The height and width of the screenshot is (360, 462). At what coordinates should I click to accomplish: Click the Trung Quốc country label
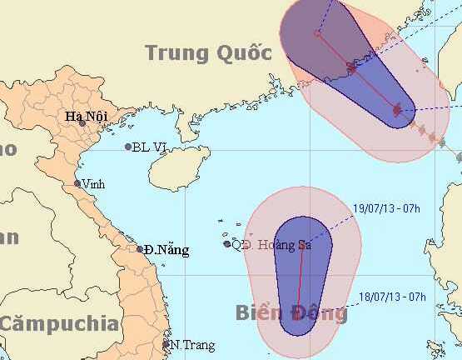coord(209,53)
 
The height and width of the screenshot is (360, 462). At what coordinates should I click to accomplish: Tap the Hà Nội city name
coord(85,117)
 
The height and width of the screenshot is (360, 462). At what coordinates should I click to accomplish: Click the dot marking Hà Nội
coord(82,123)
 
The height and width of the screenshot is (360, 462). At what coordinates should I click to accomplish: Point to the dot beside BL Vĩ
coord(128,147)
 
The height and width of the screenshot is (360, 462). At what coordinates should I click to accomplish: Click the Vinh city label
coord(93,184)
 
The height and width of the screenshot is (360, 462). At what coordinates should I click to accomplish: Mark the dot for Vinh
coord(77,184)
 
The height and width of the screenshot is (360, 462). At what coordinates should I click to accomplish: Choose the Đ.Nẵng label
coord(166,249)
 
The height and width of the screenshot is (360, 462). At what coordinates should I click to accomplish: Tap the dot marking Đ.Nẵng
coord(140,248)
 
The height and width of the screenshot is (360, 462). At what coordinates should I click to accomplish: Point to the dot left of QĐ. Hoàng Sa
coord(227,244)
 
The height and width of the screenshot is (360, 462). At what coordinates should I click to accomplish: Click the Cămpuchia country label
coord(58,323)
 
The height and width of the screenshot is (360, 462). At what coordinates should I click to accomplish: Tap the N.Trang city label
coord(192,345)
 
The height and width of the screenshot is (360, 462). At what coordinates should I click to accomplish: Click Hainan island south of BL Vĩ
coord(176,170)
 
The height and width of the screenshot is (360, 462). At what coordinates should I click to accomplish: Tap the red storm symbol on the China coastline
coord(351,68)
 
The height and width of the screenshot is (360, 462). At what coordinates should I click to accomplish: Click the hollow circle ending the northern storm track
coord(317,34)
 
